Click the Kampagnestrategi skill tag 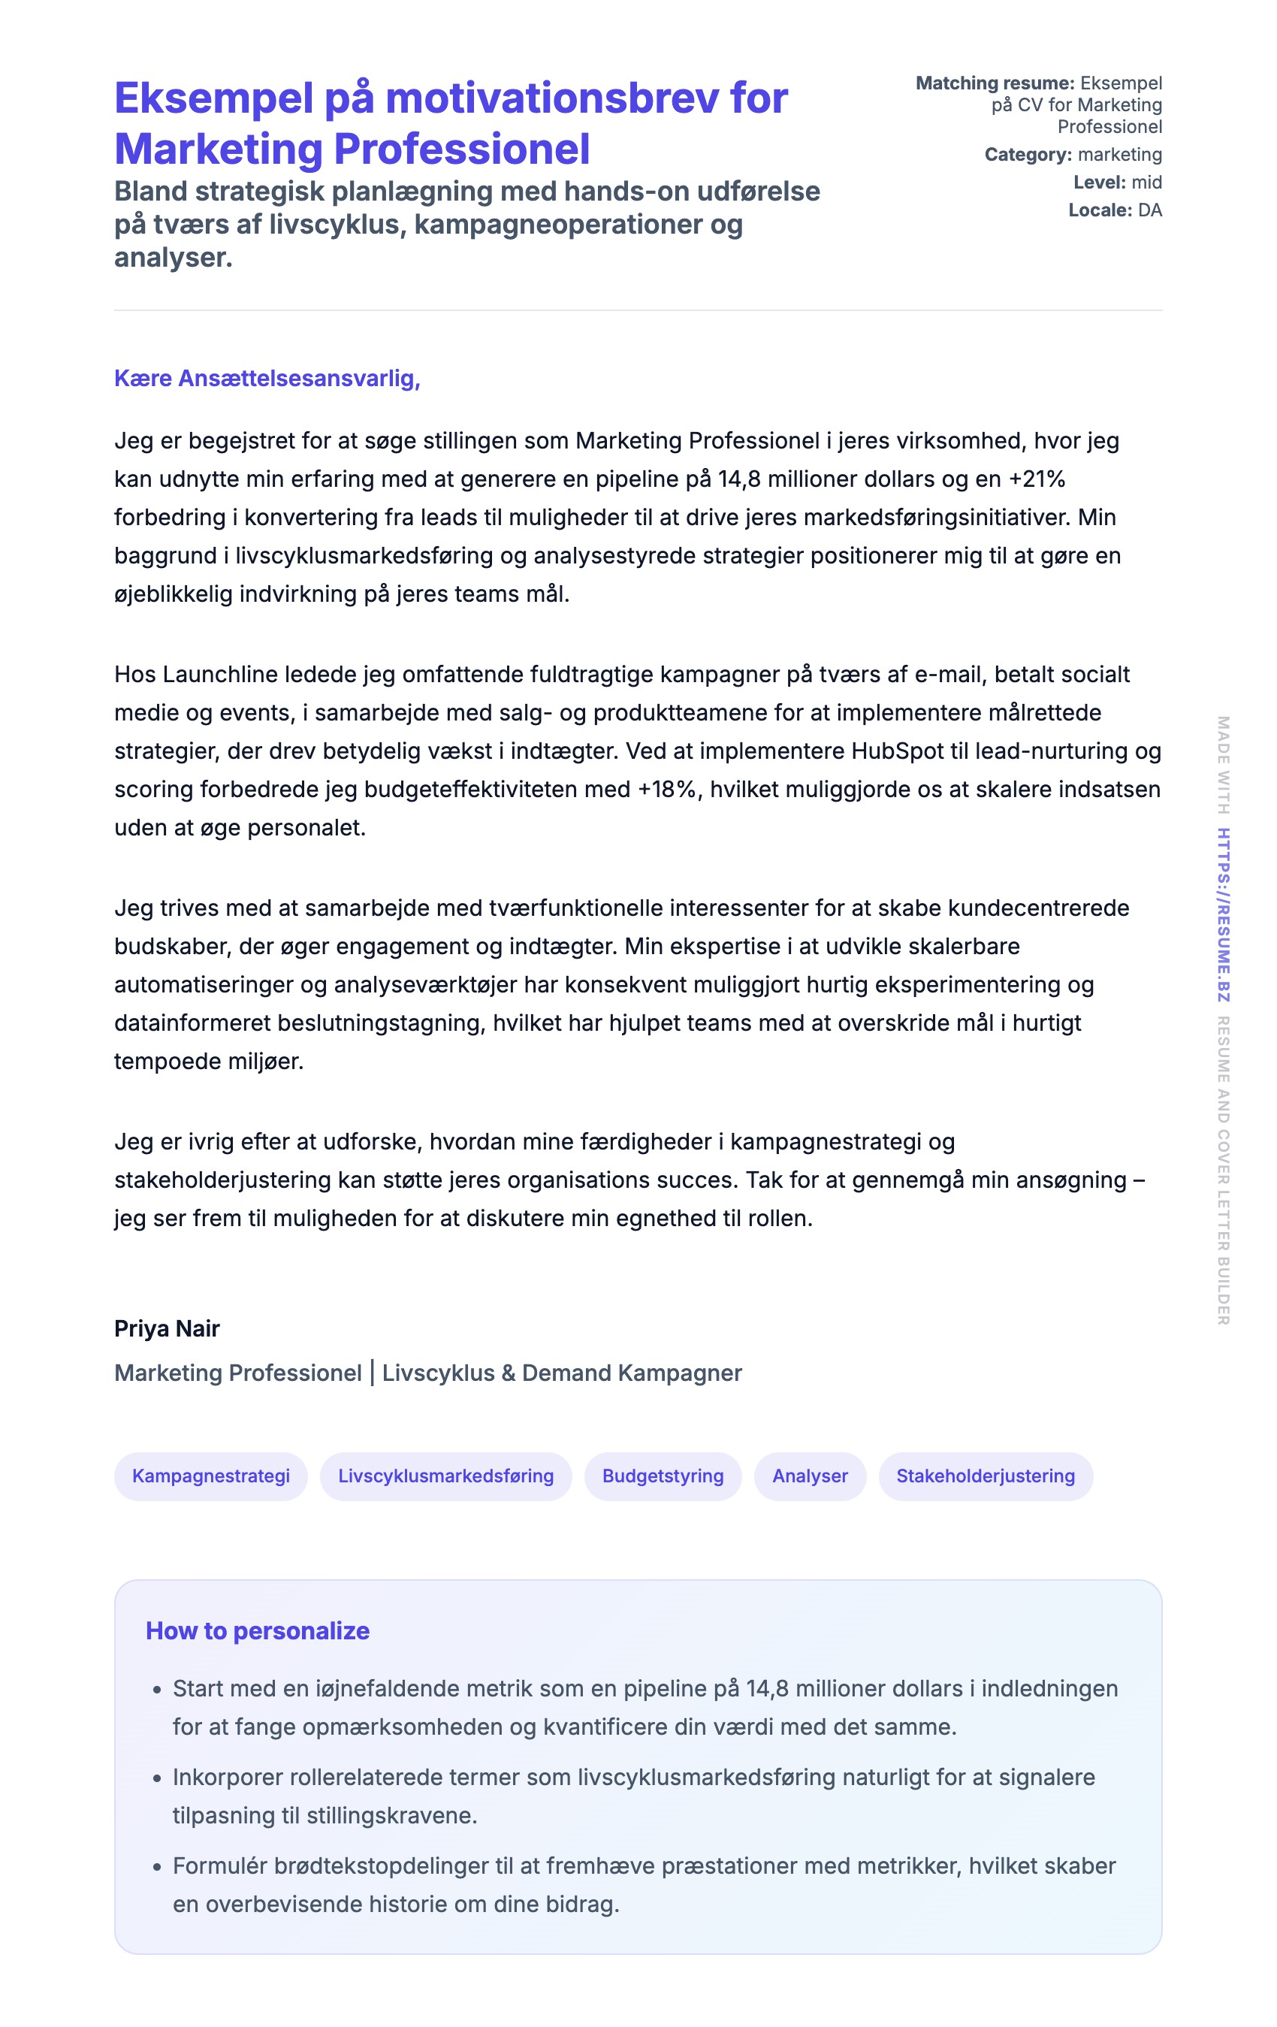pyautogui.click(x=210, y=1476)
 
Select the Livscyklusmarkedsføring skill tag pyautogui.click(x=445, y=1476)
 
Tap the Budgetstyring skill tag pyautogui.click(x=663, y=1476)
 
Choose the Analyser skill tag pyautogui.click(x=810, y=1476)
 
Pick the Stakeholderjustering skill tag pyautogui.click(x=985, y=1476)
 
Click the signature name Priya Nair pyautogui.click(x=167, y=1328)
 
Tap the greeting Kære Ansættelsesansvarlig pyautogui.click(x=267, y=379)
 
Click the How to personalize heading pyautogui.click(x=258, y=1630)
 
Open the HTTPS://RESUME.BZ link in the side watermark pyautogui.click(x=1223, y=915)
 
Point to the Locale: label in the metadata pyautogui.click(x=1100, y=210)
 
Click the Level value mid pyautogui.click(x=1146, y=183)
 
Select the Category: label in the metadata pyautogui.click(x=1027, y=155)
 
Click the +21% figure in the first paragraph pyautogui.click(x=1037, y=479)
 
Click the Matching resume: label pyautogui.click(x=994, y=83)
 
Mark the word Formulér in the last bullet pyautogui.click(x=219, y=1866)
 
